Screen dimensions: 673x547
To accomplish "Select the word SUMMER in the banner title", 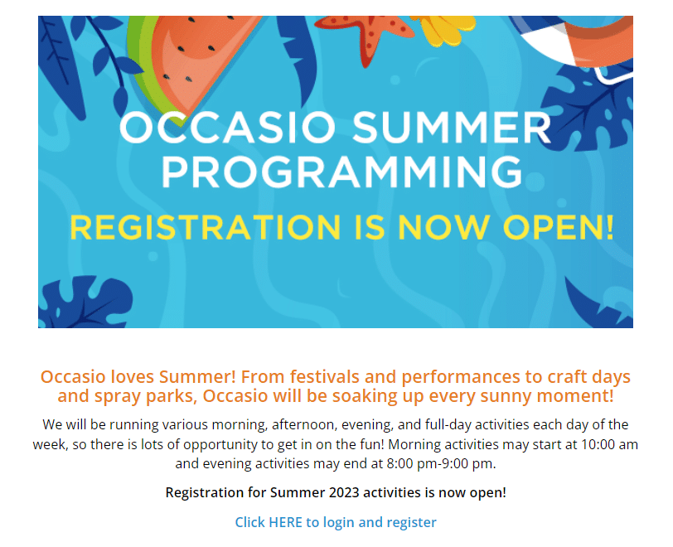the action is (x=452, y=128).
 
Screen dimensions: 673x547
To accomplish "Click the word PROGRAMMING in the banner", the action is (x=341, y=172).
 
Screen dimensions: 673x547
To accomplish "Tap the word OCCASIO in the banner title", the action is (x=227, y=128).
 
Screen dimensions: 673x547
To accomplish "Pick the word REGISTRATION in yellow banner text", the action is (x=206, y=227).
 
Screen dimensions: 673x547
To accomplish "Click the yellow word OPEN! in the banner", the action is (x=559, y=227).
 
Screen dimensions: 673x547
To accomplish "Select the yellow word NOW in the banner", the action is (x=443, y=227).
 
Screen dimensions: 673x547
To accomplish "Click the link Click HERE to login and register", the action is (x=336, y=522).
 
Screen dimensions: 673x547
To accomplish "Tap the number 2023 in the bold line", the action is (x=344, y=492).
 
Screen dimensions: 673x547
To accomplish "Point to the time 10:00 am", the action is (x=609, y=444).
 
